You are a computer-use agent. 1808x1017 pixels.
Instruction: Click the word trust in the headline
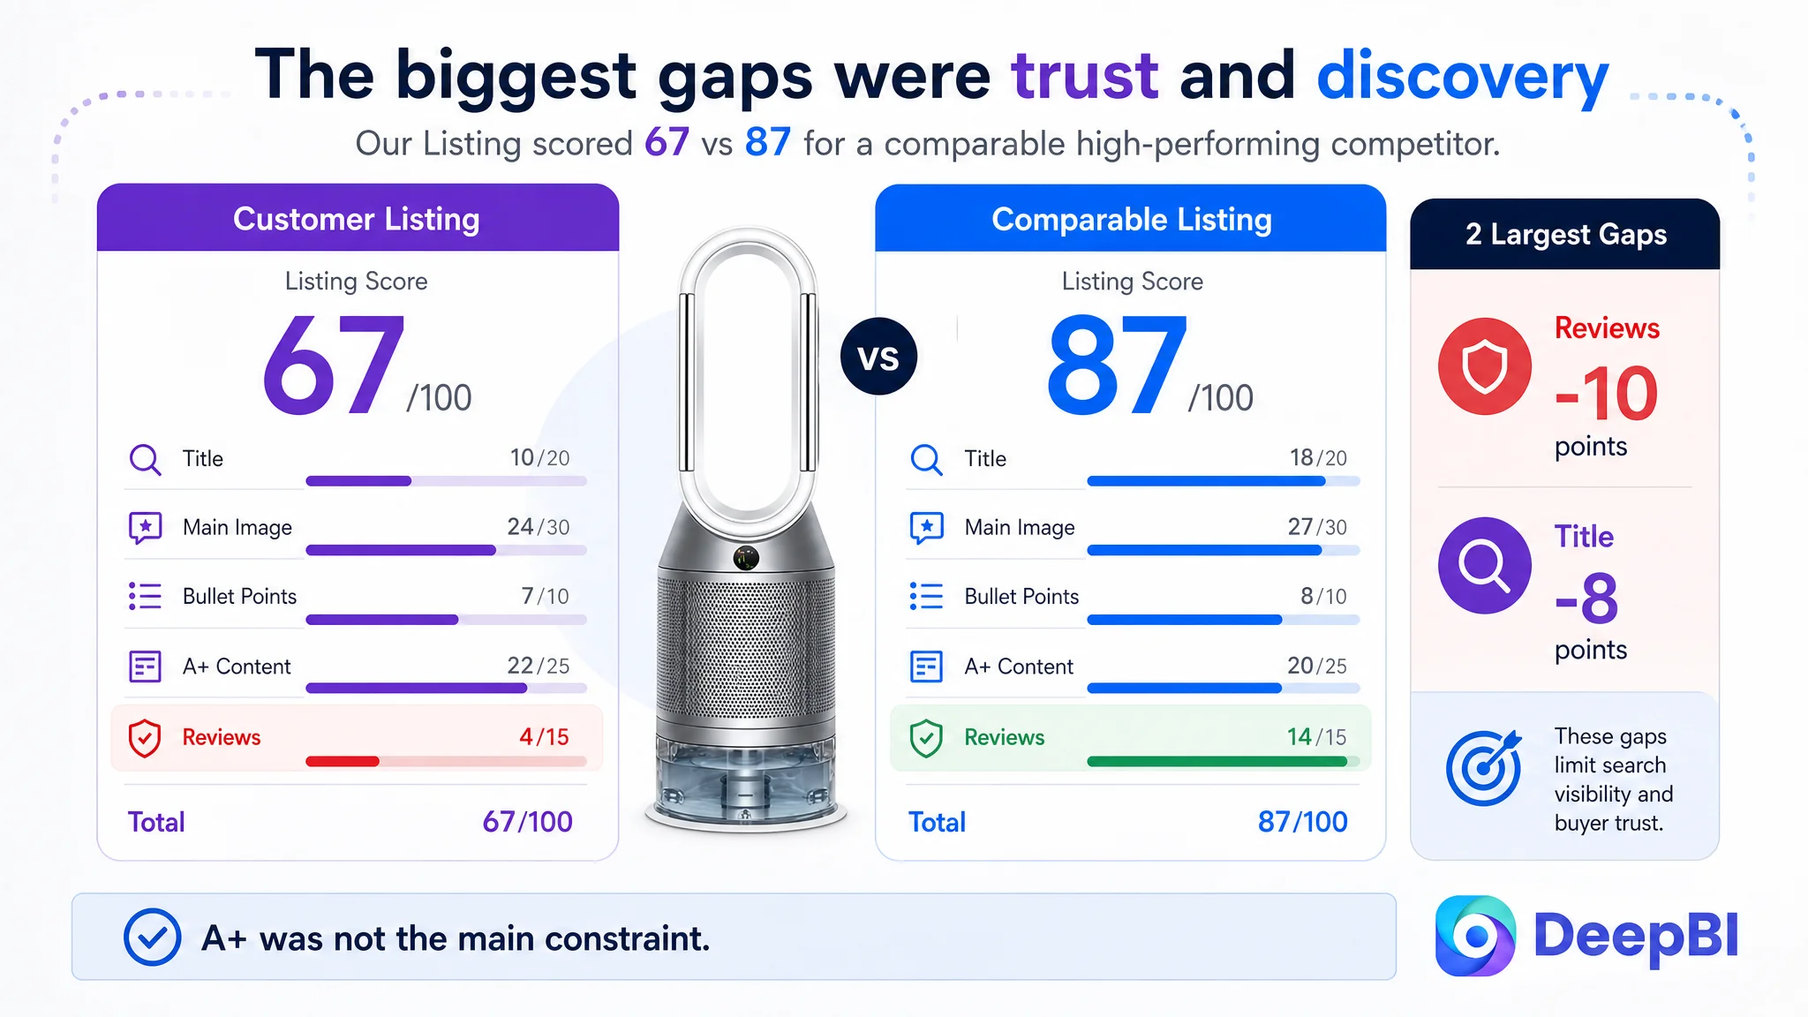tap(1085, 76)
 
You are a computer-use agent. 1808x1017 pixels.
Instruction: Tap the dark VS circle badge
tap(878, 357)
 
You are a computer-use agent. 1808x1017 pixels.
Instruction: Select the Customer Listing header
tap(357, 219)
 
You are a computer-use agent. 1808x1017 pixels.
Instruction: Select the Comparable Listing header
tap(1132, 219)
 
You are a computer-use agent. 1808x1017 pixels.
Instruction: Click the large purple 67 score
tap(334, 365)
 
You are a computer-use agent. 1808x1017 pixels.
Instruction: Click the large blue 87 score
tap(1117, 365)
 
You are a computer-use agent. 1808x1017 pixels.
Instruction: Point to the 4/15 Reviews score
tap(544, 737)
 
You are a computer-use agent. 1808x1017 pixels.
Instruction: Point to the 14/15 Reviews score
tap(1316, 737)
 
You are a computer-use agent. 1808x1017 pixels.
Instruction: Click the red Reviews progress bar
tap(343, 761)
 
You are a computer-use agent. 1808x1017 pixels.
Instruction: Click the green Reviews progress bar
tap(1217, 761)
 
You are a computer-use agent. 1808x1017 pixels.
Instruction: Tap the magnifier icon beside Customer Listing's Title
tap(145, 460)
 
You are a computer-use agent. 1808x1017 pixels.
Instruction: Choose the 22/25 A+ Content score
tap(539, 666)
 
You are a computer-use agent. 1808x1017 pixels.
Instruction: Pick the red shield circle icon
tap(1485, 366)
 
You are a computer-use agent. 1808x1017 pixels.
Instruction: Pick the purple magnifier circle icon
tap(1485, 566)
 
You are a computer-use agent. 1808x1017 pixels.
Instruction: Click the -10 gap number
tap(1607, 394)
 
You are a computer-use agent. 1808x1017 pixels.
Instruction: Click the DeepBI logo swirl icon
tap(1475, 936)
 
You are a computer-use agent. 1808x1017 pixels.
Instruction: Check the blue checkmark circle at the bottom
tap(153, 937)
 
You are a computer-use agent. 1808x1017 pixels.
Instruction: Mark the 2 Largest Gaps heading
tap(1566, 235)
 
